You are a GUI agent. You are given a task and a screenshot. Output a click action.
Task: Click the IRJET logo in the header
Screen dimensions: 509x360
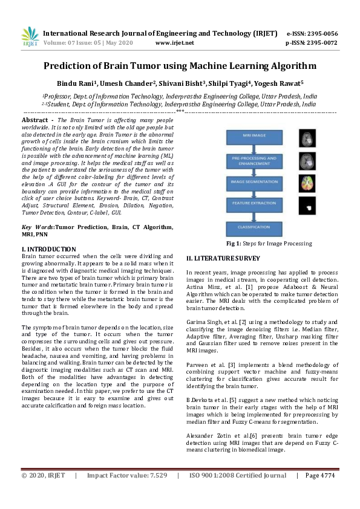tap(30, 37)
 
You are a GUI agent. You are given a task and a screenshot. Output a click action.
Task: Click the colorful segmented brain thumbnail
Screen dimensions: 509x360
tap(307, 183)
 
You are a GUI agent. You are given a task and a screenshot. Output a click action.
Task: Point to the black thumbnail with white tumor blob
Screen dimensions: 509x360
tap(307, 207)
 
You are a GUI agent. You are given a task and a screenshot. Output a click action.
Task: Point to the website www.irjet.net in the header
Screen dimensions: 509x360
tap(174, 43)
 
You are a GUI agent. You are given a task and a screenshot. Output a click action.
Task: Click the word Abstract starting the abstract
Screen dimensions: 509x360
tap(35, 120)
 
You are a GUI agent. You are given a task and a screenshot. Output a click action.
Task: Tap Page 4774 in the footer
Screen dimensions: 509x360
tap(320, 493)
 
